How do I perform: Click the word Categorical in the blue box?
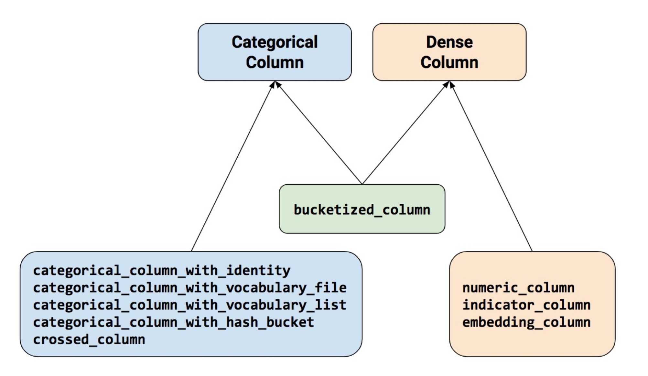[x=275, y=42]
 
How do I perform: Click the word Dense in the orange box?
[x=449, y=42]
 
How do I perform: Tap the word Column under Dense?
[x=449, y=62]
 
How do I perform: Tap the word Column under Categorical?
[x=275, y=62]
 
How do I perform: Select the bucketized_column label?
[x=362, y=210]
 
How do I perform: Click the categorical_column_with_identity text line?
[x=162, y=270]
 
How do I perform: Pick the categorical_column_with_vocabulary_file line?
[x=190, y=288]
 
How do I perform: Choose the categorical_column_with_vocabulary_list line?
[x=190, y=305]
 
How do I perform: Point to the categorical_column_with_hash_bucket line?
[x=173, y=322]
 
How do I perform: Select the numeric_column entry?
[x=518, y=288]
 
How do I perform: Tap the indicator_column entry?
[x=526, y=305]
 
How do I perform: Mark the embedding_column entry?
[x=526, y=322]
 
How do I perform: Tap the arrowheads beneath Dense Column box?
[x=449, y=85]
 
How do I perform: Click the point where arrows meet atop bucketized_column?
[x=362, y=184]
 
